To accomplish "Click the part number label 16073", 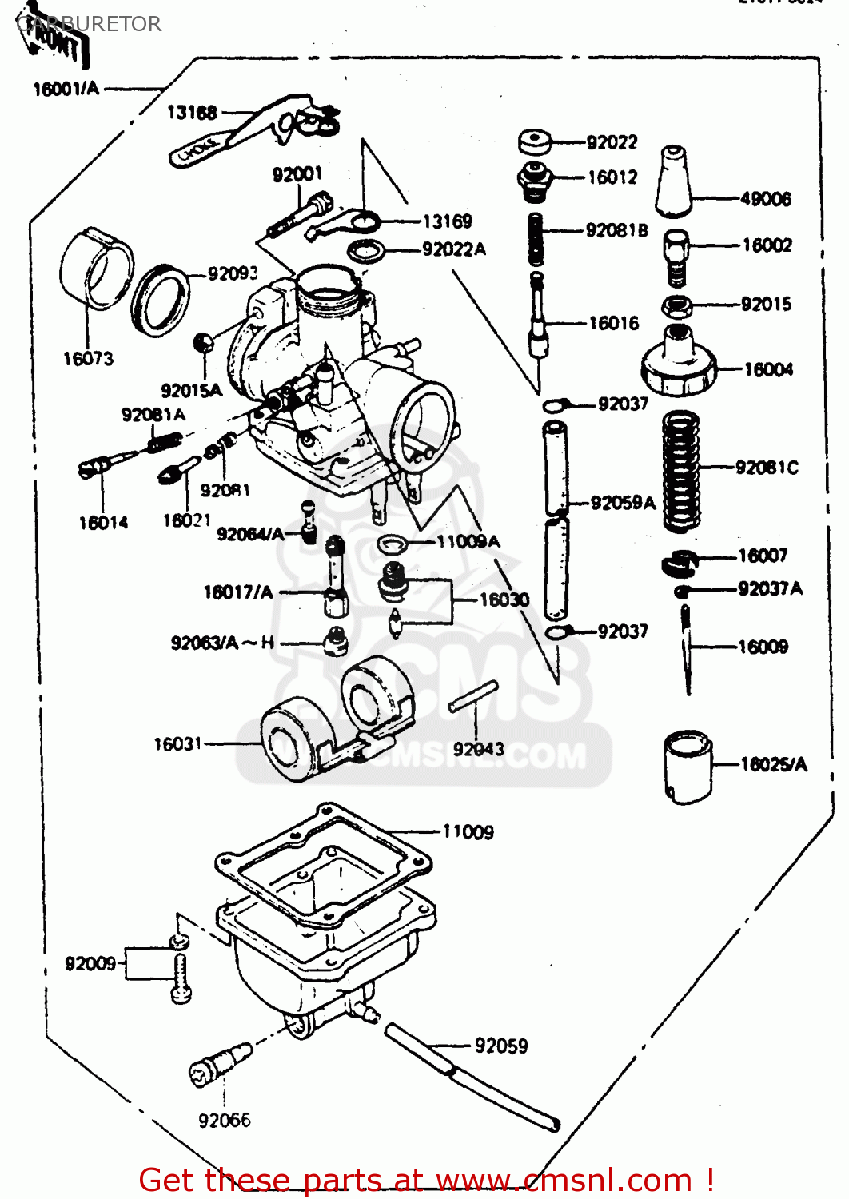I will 88,359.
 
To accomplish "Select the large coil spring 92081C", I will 681,471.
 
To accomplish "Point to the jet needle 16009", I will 686,647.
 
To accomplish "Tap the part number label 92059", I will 501,1046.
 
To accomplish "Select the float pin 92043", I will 473,696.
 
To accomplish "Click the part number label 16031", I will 177,744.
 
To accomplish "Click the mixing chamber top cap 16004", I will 678,364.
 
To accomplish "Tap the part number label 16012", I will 612,177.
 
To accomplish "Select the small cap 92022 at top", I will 535,142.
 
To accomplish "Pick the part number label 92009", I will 90,963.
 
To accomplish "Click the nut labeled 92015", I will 677,305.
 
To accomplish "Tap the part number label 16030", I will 504,599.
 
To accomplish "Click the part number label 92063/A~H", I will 222,643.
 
